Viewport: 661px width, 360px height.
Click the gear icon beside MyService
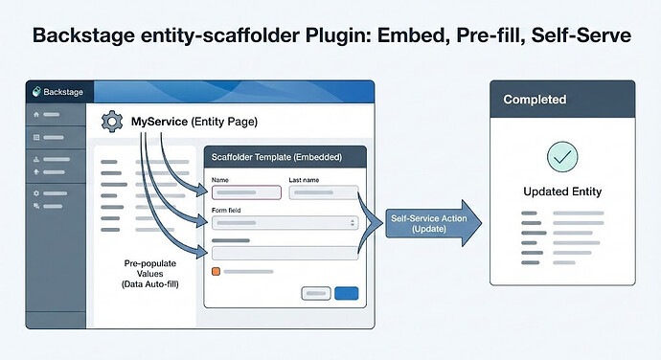tap(112, 121)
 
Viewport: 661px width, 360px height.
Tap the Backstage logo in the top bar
tap(37, 92)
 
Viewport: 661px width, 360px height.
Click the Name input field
tap(245, 191)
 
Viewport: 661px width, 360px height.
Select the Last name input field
tap(323, 191)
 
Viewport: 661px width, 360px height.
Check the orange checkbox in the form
tap(215, 272)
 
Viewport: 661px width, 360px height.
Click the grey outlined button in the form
tap(314, 293)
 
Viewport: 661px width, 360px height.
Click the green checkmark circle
tap(561, 156)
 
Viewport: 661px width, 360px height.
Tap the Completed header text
tap(535, 100)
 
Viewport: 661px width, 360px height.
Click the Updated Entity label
tap(561, 191)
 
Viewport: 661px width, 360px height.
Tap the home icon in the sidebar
tap(37, 115)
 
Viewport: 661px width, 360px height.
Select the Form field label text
tap(226, 209)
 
